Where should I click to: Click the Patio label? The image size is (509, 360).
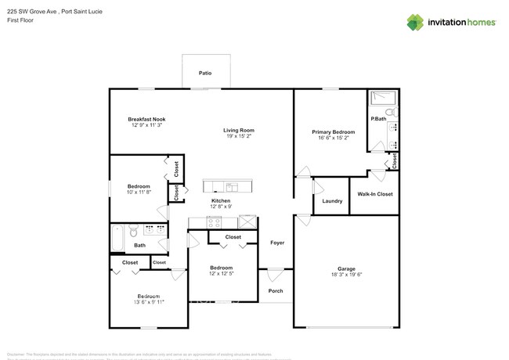(x=205, y=73)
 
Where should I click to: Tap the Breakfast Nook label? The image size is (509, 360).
(x=148, y=119)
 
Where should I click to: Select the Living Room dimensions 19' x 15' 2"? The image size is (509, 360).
(x=238, y=137)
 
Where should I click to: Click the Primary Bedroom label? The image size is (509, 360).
(x=333, y=132)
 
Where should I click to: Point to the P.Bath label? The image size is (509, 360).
(x=378, y=118)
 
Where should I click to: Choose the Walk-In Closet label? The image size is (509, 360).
(x=375, y=194)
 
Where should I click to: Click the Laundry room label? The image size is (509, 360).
(x=332, y=201)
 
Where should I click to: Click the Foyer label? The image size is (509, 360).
(x=277, y=243)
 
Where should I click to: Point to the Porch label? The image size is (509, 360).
(x=276, y=291)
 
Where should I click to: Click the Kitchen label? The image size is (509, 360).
(x=221, y=200)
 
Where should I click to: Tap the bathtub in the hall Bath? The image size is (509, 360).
(x=117, y=238)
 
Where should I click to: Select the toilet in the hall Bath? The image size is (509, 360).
(x=134, y=232)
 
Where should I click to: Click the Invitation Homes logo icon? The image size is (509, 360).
(x=414, y=22)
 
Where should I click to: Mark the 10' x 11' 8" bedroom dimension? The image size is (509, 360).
(x=139, y=192)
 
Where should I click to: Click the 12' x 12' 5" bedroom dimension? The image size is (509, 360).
(x=221, y=274)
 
